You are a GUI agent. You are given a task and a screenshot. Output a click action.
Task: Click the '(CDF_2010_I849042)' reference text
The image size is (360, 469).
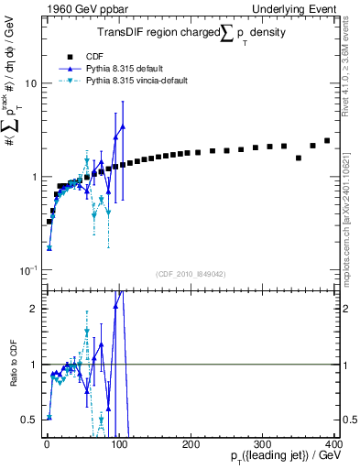pyautogui.click(x=191, y=275)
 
